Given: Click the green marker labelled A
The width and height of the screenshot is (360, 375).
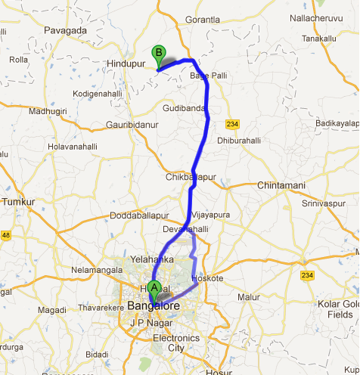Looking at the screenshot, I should click(x=155, y=288).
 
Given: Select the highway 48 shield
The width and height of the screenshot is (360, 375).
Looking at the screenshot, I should click(x=6, y=236).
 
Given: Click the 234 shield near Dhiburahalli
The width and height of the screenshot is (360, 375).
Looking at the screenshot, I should click(x=231, y=123).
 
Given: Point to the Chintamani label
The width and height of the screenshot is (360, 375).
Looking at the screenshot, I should click(x=281, y=185).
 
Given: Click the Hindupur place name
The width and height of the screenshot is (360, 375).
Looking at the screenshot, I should click(x=126, y=64).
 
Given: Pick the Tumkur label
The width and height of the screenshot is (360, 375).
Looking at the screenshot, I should click(x=19, y=203).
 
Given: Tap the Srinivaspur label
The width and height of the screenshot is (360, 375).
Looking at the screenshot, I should click(x=323, y=203).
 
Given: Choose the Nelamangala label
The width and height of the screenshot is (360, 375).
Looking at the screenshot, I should click(x=95, y=268).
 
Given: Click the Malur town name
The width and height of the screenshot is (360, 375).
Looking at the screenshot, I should click(x=249, y=297).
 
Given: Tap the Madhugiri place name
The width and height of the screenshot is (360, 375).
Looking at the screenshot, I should click(x=47, y=111).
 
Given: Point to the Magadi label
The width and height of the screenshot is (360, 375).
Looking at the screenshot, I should click(x=52, y=310).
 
